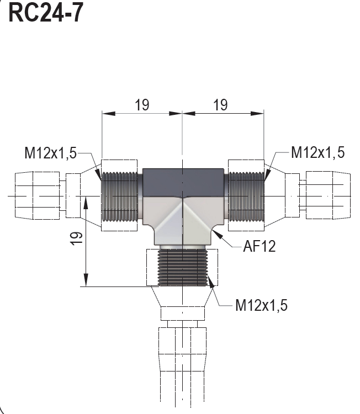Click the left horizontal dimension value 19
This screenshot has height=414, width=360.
[142, 105]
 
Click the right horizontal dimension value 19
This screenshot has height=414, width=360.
[220, 105]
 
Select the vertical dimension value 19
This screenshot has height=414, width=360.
[77, 237]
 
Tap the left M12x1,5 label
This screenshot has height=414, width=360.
[50, 153]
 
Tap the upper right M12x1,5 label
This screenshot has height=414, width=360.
[317, 153]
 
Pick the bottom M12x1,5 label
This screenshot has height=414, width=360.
[261, 305]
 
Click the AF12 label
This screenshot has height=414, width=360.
[259, 246]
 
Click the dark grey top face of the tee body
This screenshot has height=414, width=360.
[182, 182]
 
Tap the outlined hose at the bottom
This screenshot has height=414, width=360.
[182, 364]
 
